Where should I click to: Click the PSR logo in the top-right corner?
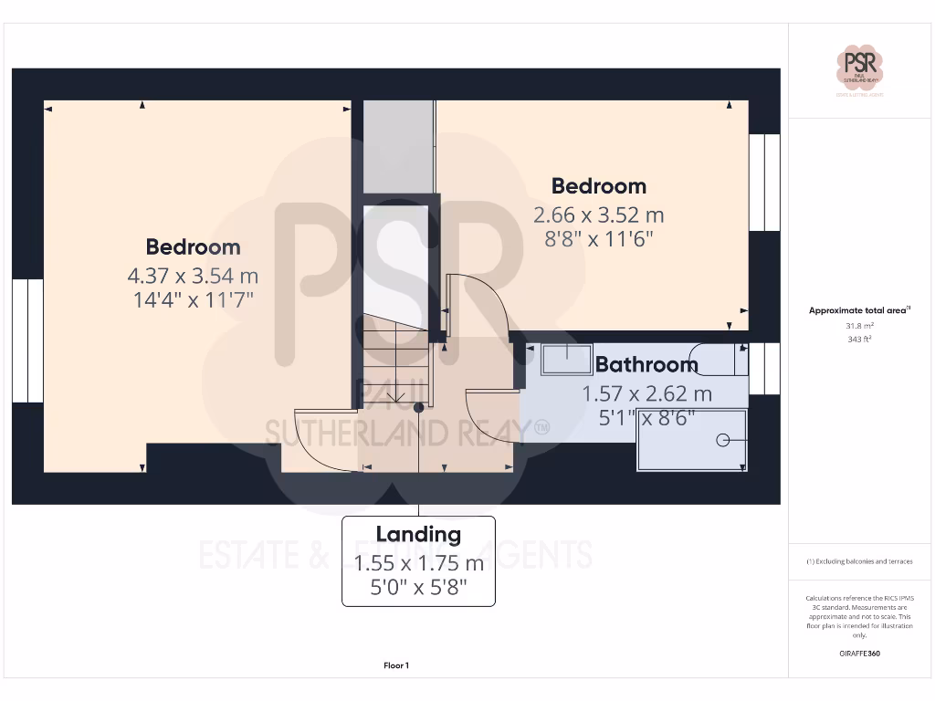pyautogui.click(x=859, y=69)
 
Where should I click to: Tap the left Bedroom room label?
pyautogui.click(x=193, y=246)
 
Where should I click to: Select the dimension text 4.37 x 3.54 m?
pyautogui.click(x=193, y=275)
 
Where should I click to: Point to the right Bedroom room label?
pyautogui.click(x=598, y=186)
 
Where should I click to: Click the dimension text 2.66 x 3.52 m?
pyautogui.click(x=598, y=215)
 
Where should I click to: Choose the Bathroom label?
pyautogui.click(x=646, y=364)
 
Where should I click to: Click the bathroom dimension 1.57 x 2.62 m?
pyautogui.click(x=646, y=394)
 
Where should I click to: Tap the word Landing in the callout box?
pyautogui.click(x=418, y=535)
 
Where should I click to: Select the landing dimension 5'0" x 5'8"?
pyautogui.click(x=418, y=588)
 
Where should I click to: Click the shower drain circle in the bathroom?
pyautogui.click(x=723, y=440)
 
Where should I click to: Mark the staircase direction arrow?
pyautogui.click(x=394, y=395)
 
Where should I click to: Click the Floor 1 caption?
pyautogui.click(x=396, y=666)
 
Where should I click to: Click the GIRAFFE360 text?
pyautogui.click(x=858, y=654)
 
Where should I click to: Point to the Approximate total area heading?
pyautogui.click(x=858, y=310)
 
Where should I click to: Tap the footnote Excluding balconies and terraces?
pyautogui.click(x=858, y=561)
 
